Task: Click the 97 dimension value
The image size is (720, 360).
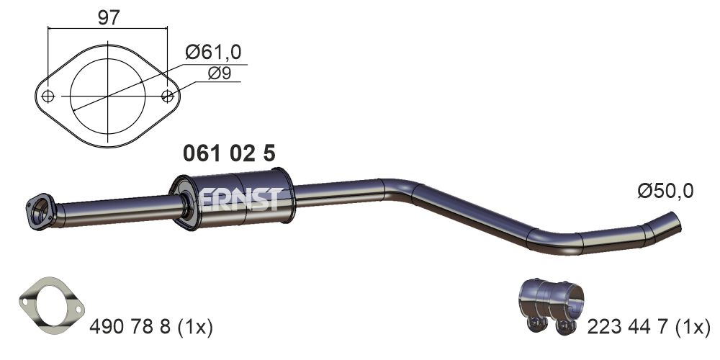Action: pyautogui.click(x=109, y=17)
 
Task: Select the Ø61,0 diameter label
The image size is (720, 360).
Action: pyautogui.click(x=213, y=53)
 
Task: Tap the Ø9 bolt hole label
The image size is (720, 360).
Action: pyautogui.click(x=220, y=73)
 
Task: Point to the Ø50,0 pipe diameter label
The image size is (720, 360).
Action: pyautogui.click(x=665, y=191)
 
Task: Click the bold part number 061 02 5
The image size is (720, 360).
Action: pyautogui.click(x=229, y=153)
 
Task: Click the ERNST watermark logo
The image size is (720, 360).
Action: pyautogui.click(x=239, y=199)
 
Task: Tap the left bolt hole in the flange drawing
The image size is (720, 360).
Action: pyautogui.click(x=48, y=96)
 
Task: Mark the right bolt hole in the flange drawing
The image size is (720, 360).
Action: pyautogui.click(x=168, y=96)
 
